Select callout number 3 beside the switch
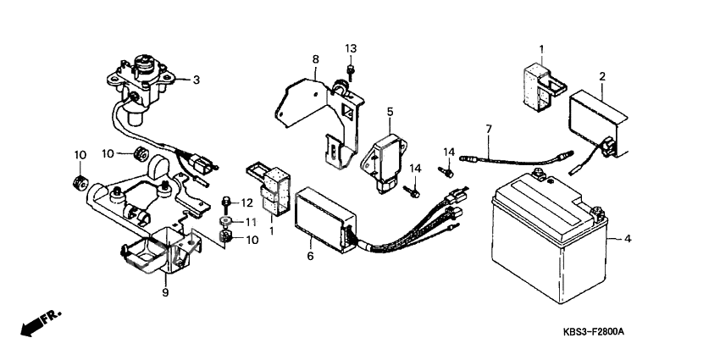pyautogui.click(x=196, y=80)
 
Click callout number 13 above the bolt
pyautogui.click(x=351, y=48)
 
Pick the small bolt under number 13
pyautogui.click(x=351, y=71)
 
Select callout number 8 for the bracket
pyautogui.click(x=315, y=59)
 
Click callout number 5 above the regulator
pyautogui.click(x=390, y=111)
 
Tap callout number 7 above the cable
pyautogui.click(x=489, y=129)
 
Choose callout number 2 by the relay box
pyautogui.click(x=602, y=76)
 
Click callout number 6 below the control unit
pyautogui.click(x=310, y=256)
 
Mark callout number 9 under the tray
pyautogui.click(x=165, y=292)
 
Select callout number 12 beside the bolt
pyautogui.click(x=247, y=202)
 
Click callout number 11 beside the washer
pyautogui.click(x=250, y=222)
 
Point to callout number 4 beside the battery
pyautogui.click(x=627, y=239)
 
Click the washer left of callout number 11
pyautogui.click(x=226, y=222)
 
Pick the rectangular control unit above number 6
pyautogui.click(x=324, y=221)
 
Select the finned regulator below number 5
pyautogui.click(x=383, y=162)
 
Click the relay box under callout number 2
pyautogui.click(x=597, y=124)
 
